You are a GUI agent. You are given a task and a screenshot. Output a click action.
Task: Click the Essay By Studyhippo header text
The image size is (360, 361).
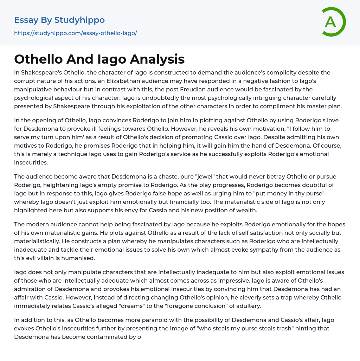coord(59,20)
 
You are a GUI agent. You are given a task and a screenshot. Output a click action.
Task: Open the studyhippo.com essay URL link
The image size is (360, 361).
coord(75,33)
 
